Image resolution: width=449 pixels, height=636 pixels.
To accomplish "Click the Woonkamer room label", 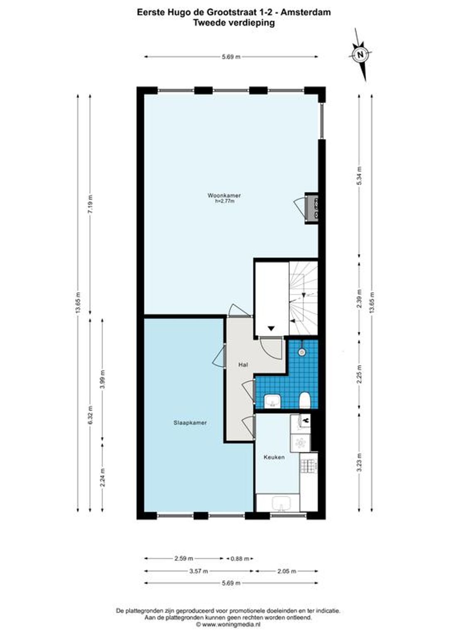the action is (224, 195).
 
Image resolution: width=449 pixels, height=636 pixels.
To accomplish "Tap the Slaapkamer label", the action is (190, 423).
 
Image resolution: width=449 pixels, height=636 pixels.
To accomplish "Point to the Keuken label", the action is (274, 457).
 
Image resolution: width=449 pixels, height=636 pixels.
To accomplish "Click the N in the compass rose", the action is (360, 55).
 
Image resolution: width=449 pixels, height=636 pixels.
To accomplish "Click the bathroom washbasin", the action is (272, 401).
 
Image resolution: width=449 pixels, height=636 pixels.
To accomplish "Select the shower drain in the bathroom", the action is (302, 353).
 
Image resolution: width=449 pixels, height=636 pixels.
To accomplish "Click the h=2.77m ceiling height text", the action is (225, 201).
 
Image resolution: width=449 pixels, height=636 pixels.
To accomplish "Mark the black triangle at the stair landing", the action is (271, 328).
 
